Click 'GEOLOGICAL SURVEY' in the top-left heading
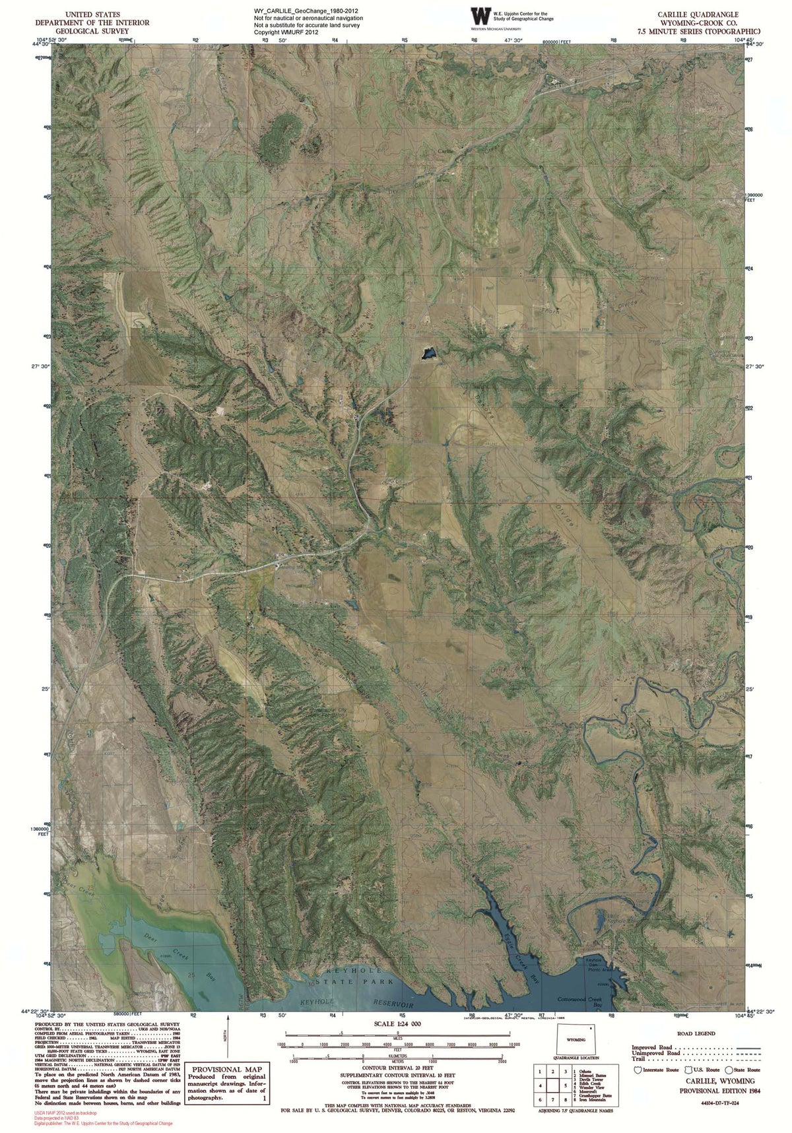[92, 31]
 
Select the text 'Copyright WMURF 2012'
[286, 32]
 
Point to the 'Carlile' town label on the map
[447, 150]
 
